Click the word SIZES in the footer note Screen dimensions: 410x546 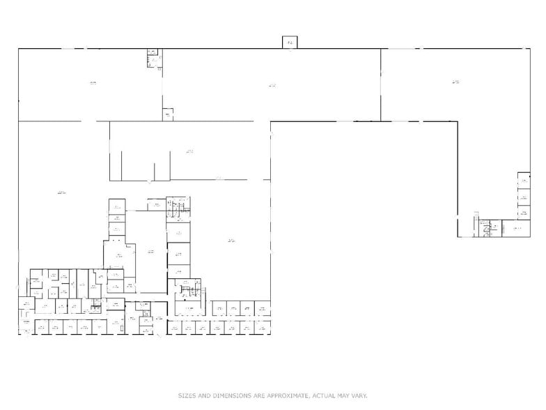click(x=186, y=395)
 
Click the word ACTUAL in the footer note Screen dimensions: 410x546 click(x=320, y=395)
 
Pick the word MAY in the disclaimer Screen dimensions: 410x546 click(x=341, y=395)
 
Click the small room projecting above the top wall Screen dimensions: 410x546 click(x=290, y=43)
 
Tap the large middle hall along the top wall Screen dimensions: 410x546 click(x=272, y=85)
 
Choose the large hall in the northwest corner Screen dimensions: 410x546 click(x=91, y=84)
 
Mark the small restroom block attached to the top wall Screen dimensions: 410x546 click(x=153, y=59)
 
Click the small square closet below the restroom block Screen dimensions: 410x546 click(x=168, y=114)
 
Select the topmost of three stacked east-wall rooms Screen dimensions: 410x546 click(x=523, y=179)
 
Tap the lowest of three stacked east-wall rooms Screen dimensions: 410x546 click(x=523, y=211)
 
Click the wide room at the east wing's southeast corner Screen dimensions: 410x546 click(x=516, y=228)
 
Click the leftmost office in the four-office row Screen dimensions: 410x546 click(x=219, y=307)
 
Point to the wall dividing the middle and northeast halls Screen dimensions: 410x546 click(x=380, y=85)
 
